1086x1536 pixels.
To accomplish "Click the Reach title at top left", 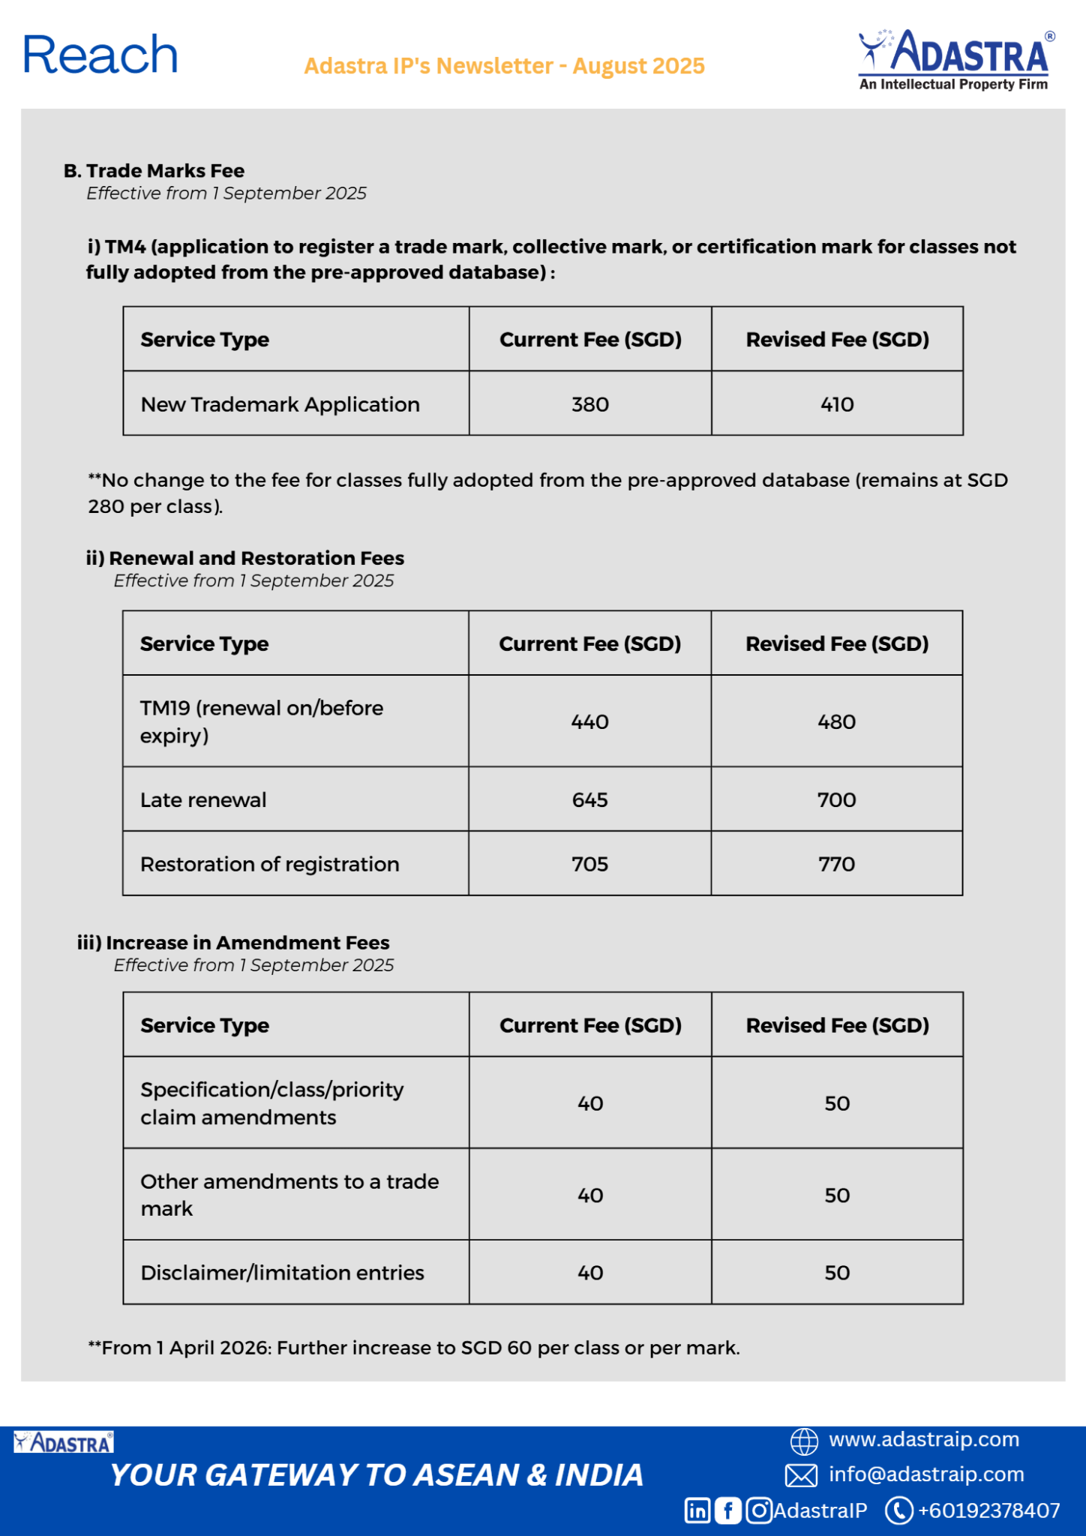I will [100, 55].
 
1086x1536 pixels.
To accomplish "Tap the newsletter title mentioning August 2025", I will [504, 66].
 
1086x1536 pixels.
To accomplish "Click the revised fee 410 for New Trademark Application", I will [837, 404].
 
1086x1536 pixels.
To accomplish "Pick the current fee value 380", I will [590, 404].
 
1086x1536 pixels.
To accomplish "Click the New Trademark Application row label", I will [280, 404].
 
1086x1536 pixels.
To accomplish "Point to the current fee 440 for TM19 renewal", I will [589, 721].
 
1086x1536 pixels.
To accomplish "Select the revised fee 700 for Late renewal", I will [836, 799].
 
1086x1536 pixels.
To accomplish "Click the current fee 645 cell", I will [589, 799].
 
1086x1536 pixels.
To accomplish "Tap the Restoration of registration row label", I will [269, 864].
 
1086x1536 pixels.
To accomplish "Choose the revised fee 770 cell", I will [836, 864].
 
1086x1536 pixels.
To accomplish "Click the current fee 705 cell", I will [589, 864].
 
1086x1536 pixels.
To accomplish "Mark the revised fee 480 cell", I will [836, 721].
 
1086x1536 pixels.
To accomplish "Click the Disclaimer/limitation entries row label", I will [282, 1273].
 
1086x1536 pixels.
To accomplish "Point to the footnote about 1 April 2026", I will [414, 1348].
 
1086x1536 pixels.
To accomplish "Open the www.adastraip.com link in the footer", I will [923, 1439].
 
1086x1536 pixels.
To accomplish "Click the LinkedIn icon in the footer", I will [697, 1510].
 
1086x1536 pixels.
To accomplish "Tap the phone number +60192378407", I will [988, 1510].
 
